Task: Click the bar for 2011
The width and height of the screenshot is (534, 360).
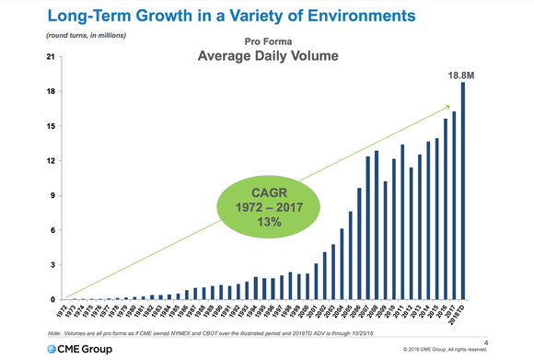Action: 401,222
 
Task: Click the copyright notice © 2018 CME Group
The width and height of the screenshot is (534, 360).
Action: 457,351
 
